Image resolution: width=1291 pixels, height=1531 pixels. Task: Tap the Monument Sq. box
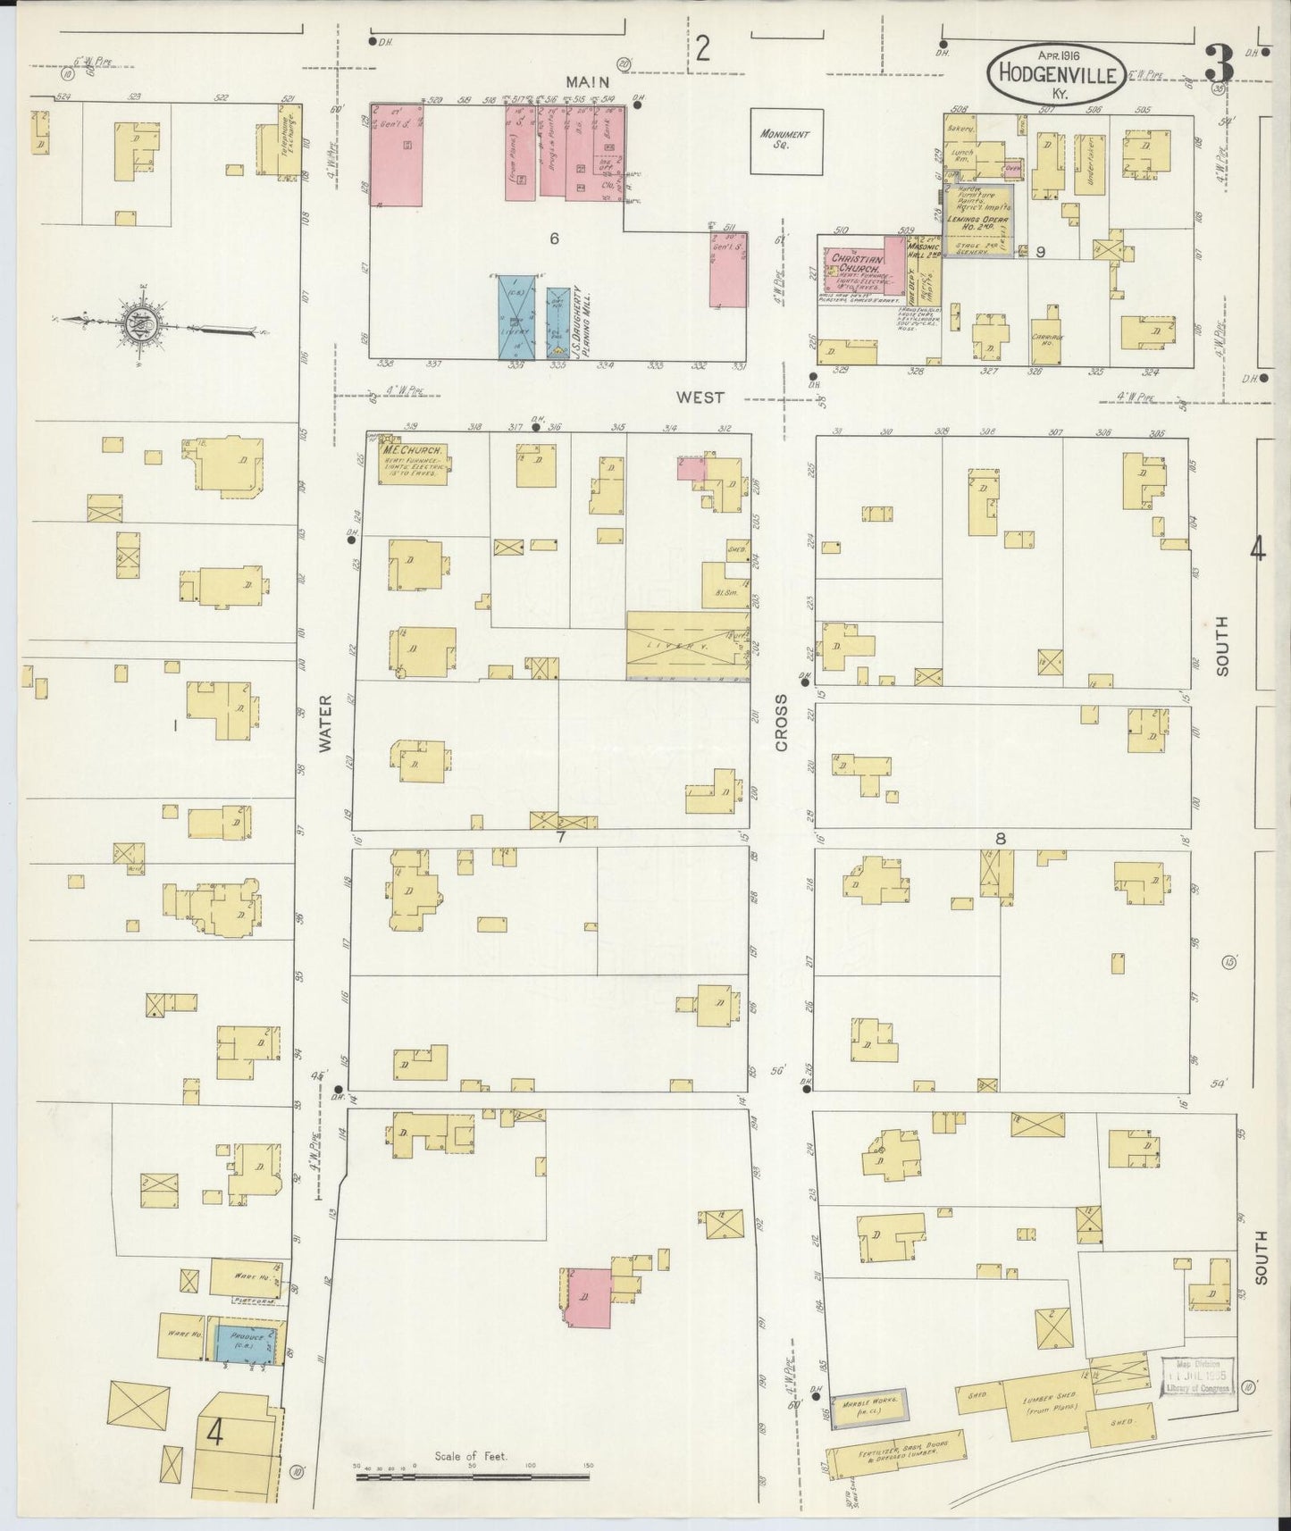click(x=784, y=140)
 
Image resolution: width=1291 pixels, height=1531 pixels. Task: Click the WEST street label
click(x=699, y=397)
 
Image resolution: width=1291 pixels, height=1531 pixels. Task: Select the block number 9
click(x=1041, y=253)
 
